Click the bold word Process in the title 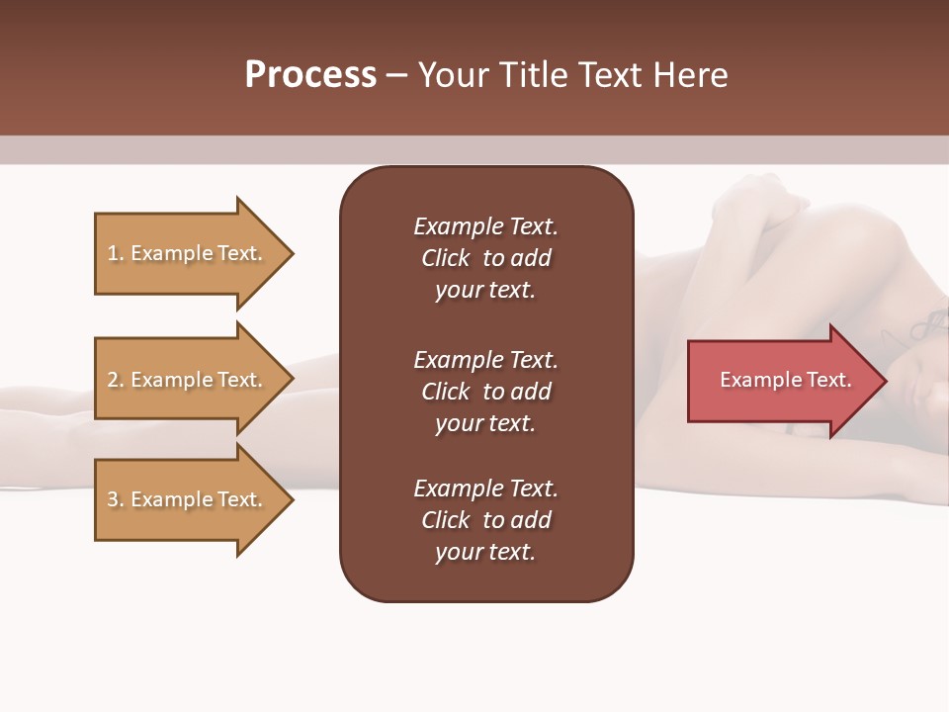point(310,75)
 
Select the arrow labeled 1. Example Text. point(188,253)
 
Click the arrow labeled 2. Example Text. point(188,380)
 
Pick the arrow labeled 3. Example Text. point(188,499)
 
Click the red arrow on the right point(781,381)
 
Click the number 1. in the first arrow point(116,253)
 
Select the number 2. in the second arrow point(116,380)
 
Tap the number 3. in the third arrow point(116,499)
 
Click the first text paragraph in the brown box point(485,258)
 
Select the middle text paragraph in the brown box point(485,392)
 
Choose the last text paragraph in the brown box point(485,520)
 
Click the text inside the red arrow point(785,380)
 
